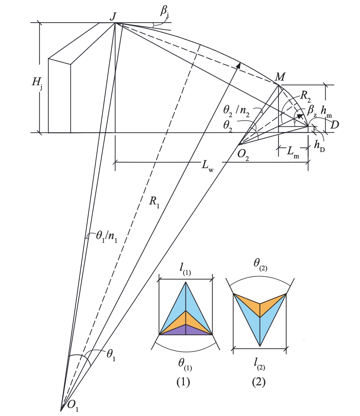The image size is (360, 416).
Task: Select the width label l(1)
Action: pos(186,270)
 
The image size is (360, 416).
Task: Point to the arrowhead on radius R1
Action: pos(238,65)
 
